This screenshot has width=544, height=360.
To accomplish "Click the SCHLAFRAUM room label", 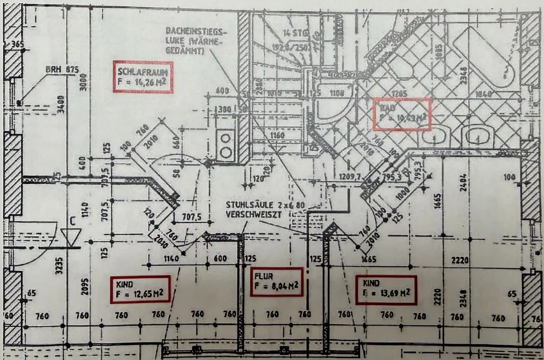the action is click(x=144, y=77).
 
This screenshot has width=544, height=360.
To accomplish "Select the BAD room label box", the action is click(x=401, y=114).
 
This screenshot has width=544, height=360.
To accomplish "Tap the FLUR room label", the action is click(x=276, y=282).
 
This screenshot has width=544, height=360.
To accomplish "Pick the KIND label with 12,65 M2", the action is click(x=140, y=289).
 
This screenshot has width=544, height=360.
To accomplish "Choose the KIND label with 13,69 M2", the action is click(x=386, y=289).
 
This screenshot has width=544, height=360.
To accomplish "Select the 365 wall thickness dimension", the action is click(x=17, y=45).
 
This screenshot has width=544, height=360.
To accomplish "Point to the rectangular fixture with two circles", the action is click(x=225, y=145).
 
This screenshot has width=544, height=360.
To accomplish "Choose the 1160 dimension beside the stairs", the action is click(x=277, y=134).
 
